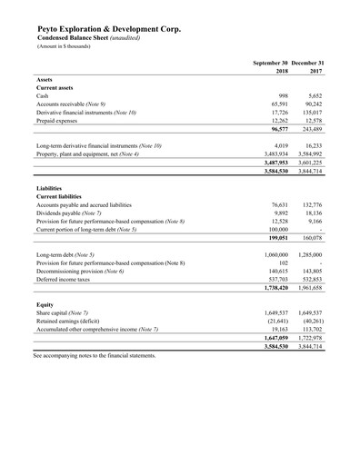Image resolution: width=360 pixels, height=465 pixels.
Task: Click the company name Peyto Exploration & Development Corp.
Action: (108, 29)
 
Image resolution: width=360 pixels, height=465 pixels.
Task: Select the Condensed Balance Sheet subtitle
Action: (85, 39)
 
